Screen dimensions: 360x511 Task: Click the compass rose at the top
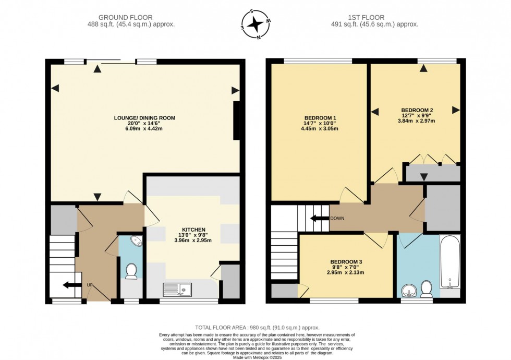coord(256,24)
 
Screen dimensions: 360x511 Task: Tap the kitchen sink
coord(178,290)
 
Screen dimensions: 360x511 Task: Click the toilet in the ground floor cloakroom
coord(131,270)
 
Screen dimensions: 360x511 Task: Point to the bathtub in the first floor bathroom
coord(450,262)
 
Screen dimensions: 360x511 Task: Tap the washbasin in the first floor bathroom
coord(409,290)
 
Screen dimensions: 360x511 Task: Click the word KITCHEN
coord(193,230)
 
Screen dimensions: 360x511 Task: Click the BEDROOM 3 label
coord(346,261)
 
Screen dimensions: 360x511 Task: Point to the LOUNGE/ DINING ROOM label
coord(144,118)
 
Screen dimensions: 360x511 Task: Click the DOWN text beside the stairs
coord(337,219)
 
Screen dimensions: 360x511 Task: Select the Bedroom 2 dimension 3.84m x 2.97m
coord(416,121)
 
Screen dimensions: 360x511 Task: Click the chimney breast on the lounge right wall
coord(237,121)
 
